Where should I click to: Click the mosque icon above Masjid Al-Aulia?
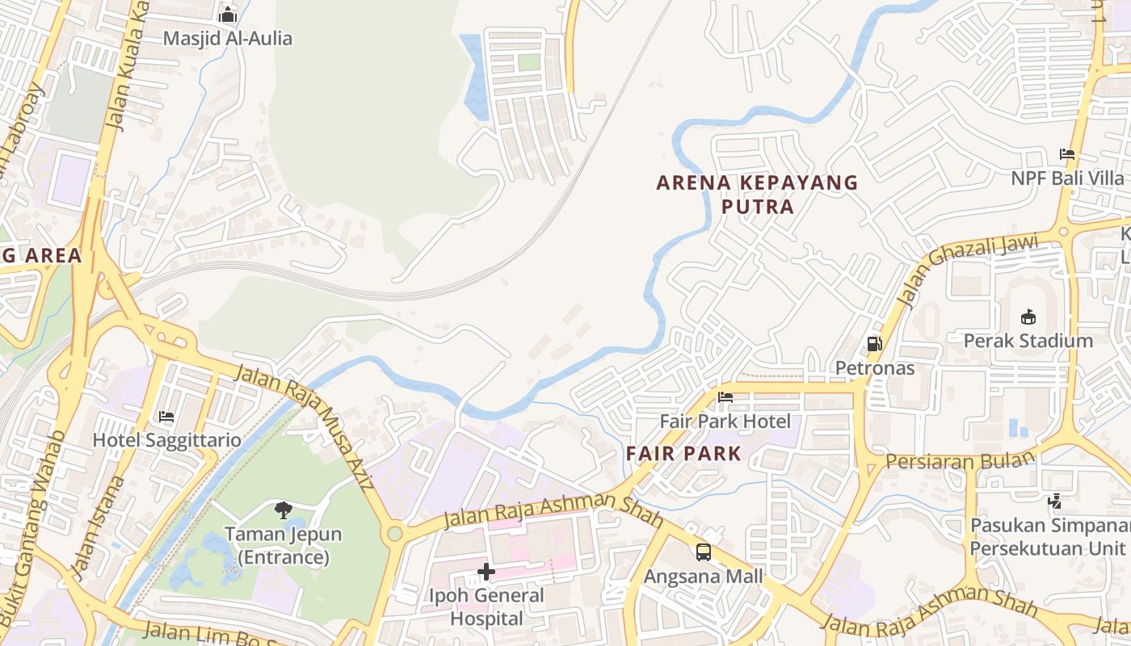tap(228, 15)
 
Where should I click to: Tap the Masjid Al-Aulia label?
tap(228, 38)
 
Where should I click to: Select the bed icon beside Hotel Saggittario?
tap(166, 417)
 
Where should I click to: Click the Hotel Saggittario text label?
tap(167, 440)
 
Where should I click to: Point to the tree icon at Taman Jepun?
tap(283, 510)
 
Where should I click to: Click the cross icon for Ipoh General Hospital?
tap(486, 572)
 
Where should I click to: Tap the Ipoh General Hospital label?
tap(486, 607)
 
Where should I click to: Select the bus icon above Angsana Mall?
tap(703, 552)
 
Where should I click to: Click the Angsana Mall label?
tap(703, 577)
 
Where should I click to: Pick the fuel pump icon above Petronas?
tap(874, 344)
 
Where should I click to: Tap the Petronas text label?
tap(874, 368)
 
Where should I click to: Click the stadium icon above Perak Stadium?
tap(1028, 317)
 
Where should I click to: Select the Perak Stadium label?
tap(1028, 341)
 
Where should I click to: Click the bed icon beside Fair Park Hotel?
tap(725, 397)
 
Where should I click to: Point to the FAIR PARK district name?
tap(683, 454)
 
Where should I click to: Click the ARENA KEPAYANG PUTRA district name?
tap(757, 195)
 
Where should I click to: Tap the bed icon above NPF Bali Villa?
tap(1067, 154)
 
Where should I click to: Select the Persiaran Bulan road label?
tap(960, 461)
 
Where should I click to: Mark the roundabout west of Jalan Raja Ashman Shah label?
tap(394, 533)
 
